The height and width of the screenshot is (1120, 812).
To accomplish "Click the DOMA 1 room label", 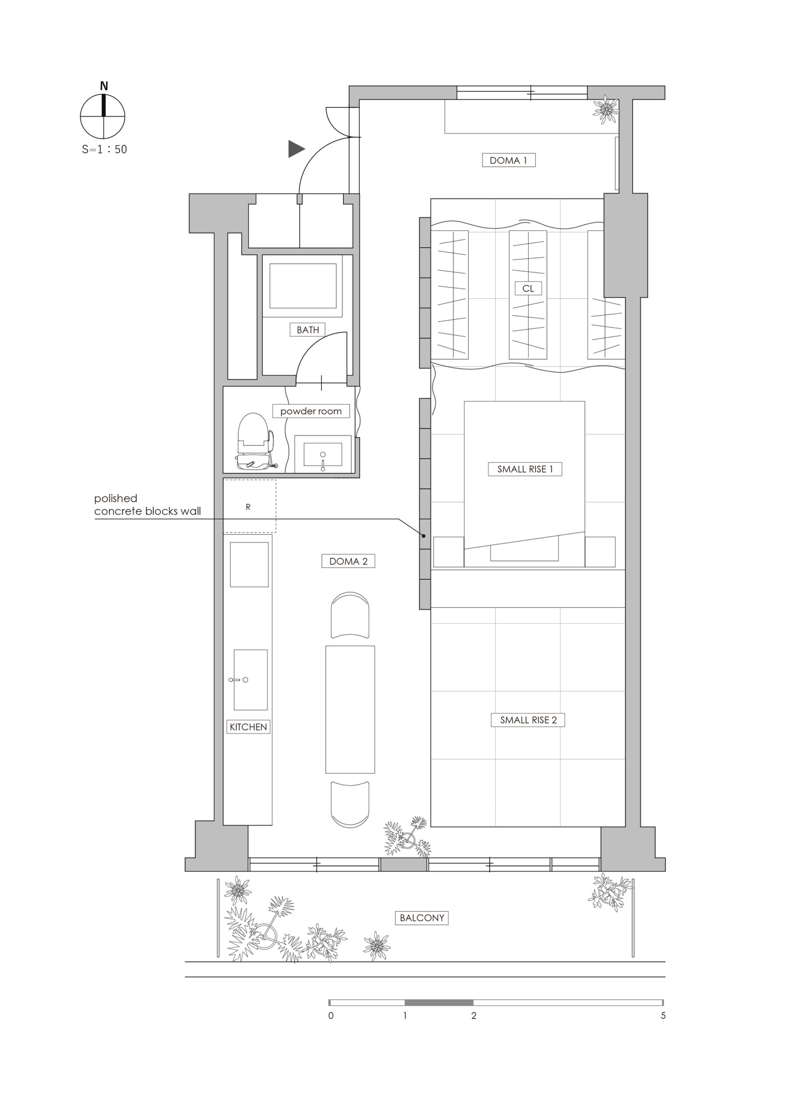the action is pyautogui.click(x=508, y=160).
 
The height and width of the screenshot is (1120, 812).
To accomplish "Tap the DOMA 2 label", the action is pyautogui.click(x=348, y=561).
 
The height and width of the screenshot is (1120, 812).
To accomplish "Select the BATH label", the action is pyautogui.click(x=308, y=330).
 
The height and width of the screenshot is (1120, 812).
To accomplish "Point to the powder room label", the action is pyautogui.click(x=311, y=411).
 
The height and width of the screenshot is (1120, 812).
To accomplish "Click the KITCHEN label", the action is pyautogui.click(x=248, y=727).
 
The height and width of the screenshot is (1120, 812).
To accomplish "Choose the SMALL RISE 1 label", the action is pyautogui.click(x=525, y=469).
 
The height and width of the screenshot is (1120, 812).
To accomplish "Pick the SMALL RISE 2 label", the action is pyautogui.click(x=528, y=720).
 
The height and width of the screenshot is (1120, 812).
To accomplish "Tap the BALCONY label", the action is pyautogui.click(x=422, y=918).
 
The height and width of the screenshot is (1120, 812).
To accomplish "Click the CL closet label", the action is pyautogui.click(x=528, y=288).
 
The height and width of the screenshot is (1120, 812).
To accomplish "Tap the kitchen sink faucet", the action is pyautogui.click(x=238, y=680).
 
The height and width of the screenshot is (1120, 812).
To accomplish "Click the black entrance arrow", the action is pyautogui.click(x=296, y=149).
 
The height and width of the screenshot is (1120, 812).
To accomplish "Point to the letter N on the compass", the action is pyautogui.click(x=104, y=86).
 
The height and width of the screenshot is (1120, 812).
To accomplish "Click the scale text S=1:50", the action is pyautogui.click(x=104, y=149).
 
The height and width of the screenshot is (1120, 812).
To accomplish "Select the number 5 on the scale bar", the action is pyautogui.click(x=663, y=1016).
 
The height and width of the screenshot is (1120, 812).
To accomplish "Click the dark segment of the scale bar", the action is pyautogui.click(x=439, y=1002).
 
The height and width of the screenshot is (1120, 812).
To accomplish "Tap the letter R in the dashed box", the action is pyautogui.click(x=248, y=507).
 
